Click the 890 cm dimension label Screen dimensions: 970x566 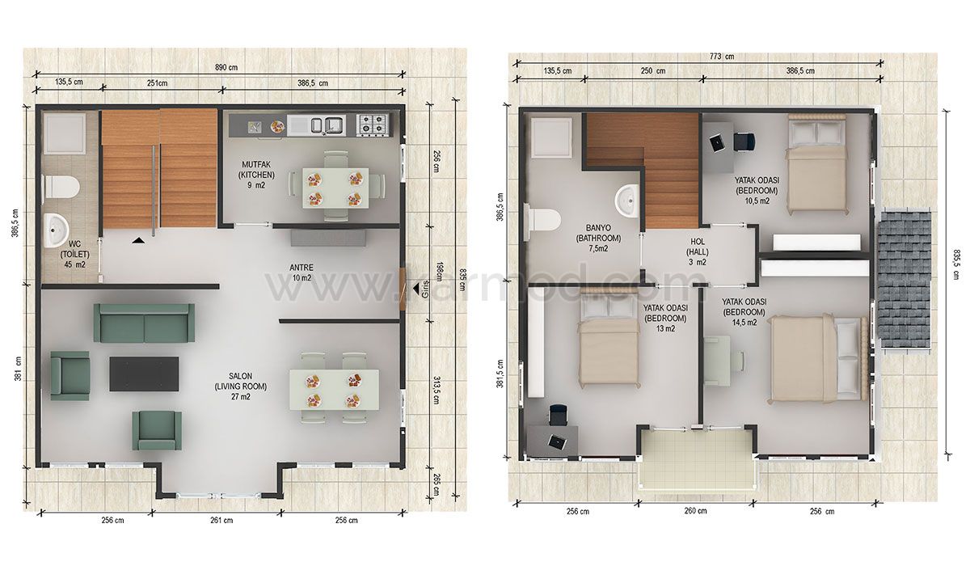point(226,68)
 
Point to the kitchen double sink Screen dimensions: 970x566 point(327,125)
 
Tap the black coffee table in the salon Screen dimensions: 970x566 point(144,374)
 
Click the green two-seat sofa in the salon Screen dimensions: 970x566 point(144,323)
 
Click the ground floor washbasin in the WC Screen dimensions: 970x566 point(56,230)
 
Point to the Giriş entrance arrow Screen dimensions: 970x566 point(416,287)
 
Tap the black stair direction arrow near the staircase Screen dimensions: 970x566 point(138,240)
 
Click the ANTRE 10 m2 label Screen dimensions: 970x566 point(302,272)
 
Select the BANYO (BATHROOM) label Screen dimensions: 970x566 point(598,238)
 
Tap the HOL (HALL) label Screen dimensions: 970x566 point(698,251)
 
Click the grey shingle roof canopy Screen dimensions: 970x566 point(905,278)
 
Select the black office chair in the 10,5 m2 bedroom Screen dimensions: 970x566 point(744,141)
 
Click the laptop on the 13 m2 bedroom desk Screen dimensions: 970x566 point(557,441)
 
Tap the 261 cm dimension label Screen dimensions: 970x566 point(221,520)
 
